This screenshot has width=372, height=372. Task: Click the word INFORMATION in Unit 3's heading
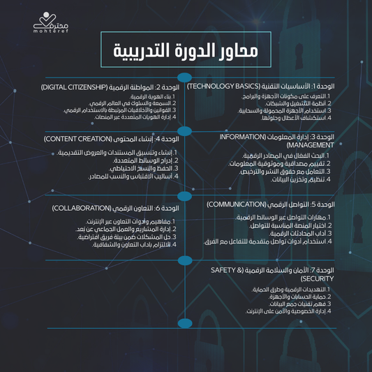[x=244, y=137]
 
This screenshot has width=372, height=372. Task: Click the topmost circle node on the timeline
[x=184, y=78]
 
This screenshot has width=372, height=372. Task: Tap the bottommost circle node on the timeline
[x=184, y=323]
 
